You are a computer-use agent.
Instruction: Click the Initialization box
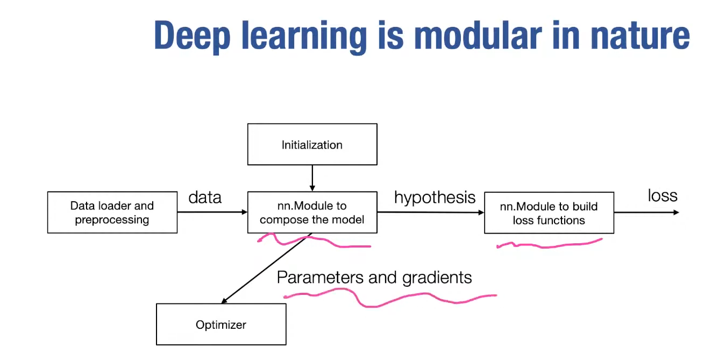point(312,144)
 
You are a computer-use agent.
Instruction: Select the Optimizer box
point(221,324)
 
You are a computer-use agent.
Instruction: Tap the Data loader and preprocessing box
point(112,213)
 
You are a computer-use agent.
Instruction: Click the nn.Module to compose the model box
point(312,213)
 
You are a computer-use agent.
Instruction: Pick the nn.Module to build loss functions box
point(549,213)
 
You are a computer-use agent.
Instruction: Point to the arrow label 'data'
point(205,197)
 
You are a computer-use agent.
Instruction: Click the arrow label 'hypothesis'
point(435,197)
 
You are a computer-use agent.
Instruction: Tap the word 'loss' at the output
point(662,195)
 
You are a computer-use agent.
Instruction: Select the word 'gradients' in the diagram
point(429,278)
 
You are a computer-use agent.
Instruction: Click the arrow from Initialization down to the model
point(312,178)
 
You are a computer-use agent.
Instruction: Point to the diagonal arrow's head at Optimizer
point(224,301)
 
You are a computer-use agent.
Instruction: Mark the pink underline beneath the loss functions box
point(549,245)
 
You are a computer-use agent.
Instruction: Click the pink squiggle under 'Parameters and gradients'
point(387,298)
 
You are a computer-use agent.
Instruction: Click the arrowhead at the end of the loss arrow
point(676,213)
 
